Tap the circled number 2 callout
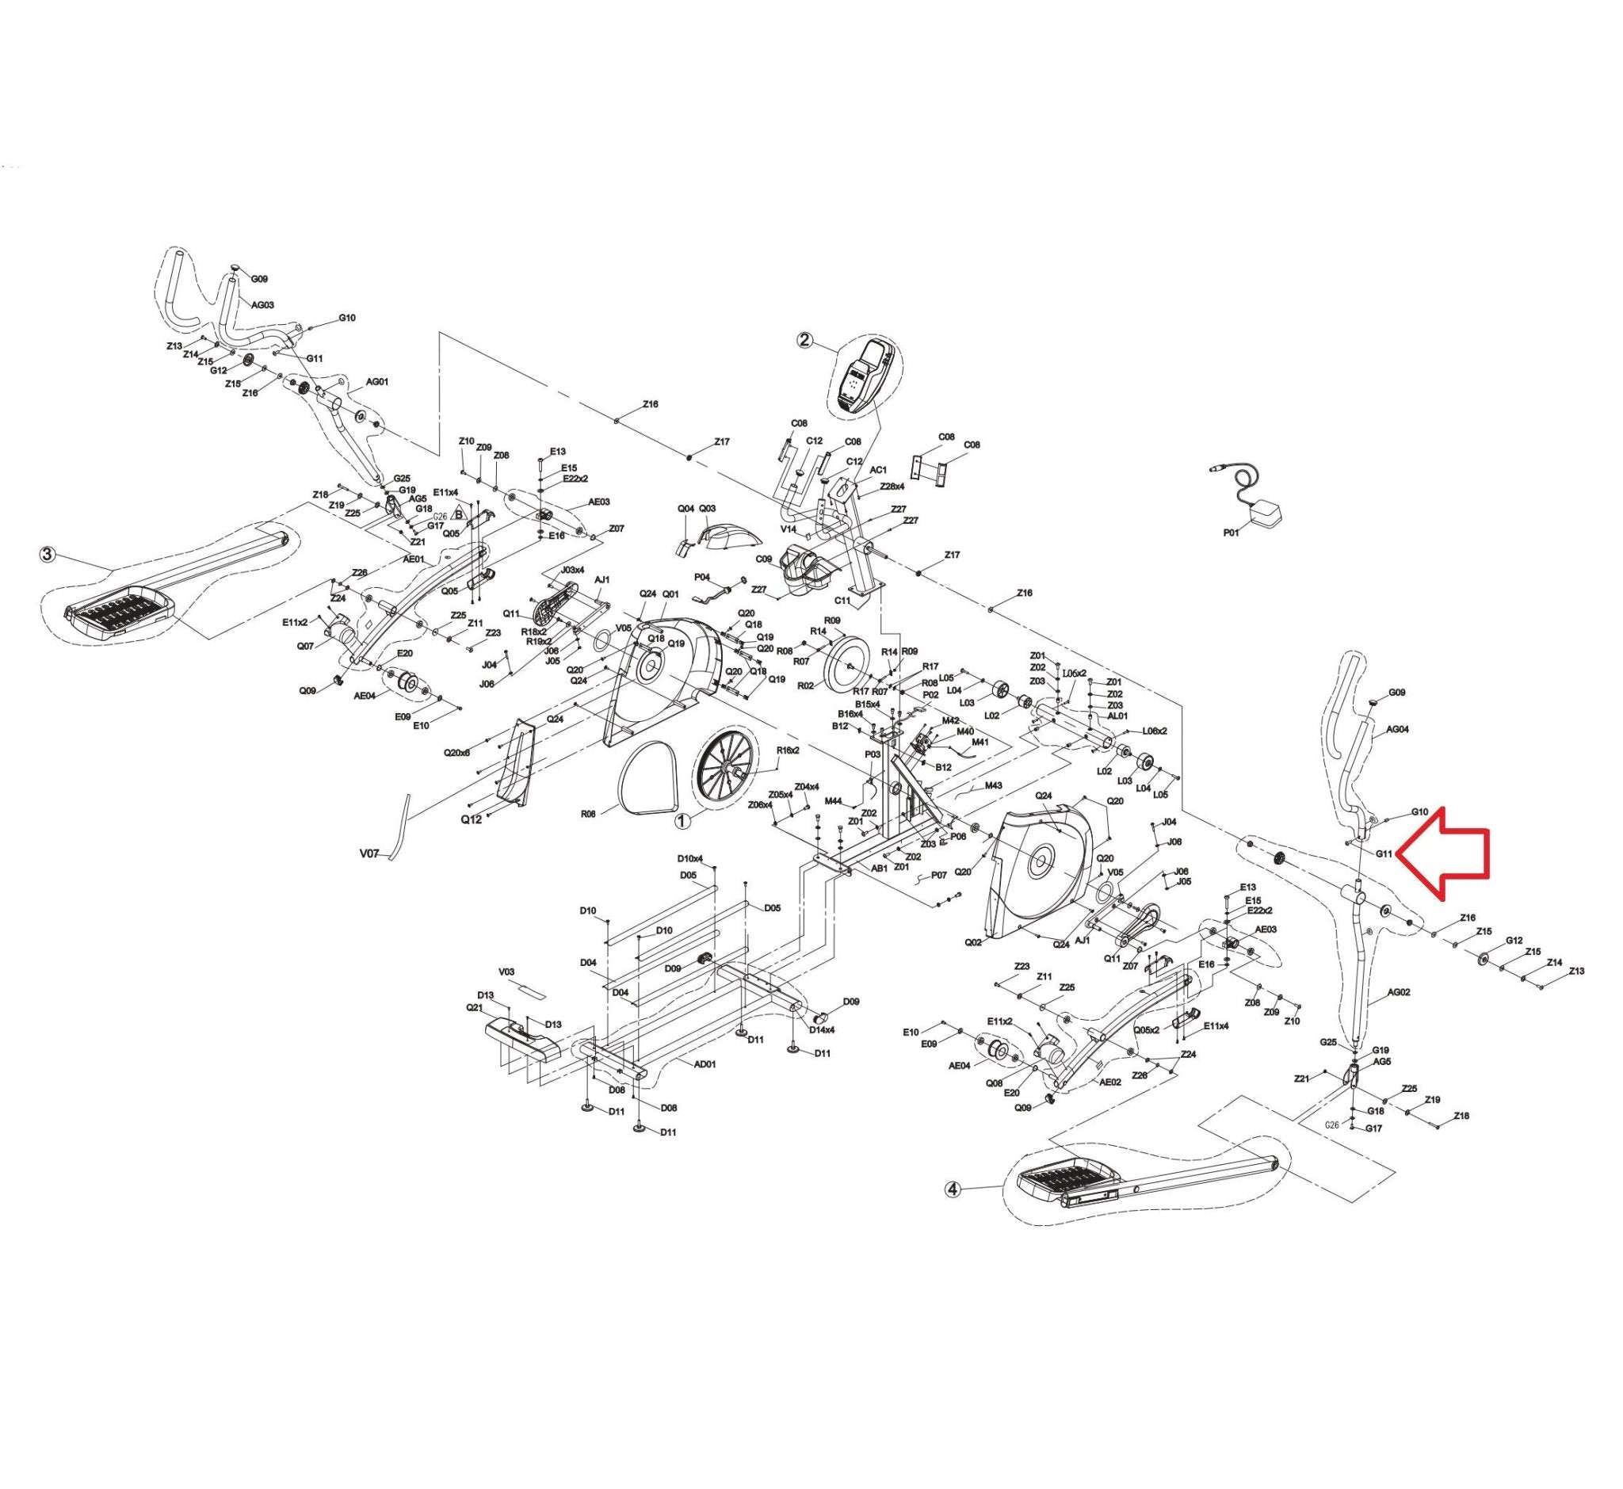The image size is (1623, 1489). point(804,339)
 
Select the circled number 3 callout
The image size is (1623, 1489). point(48,555)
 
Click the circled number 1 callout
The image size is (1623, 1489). point(682,821)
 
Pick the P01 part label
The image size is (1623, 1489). point(1232,533)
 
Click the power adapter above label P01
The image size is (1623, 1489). point(1269,511)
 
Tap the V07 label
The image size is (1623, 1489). point(369,852)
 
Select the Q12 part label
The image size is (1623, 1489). point(472,819)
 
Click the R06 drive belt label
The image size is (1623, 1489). point(588,814)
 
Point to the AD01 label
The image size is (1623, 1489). point(705,1063)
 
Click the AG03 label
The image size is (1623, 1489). point(263,305)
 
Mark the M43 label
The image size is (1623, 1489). point(993,785)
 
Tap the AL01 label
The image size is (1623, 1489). point(1117,716)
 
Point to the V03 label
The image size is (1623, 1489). point(506,972)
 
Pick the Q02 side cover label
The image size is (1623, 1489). point(973,942)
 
